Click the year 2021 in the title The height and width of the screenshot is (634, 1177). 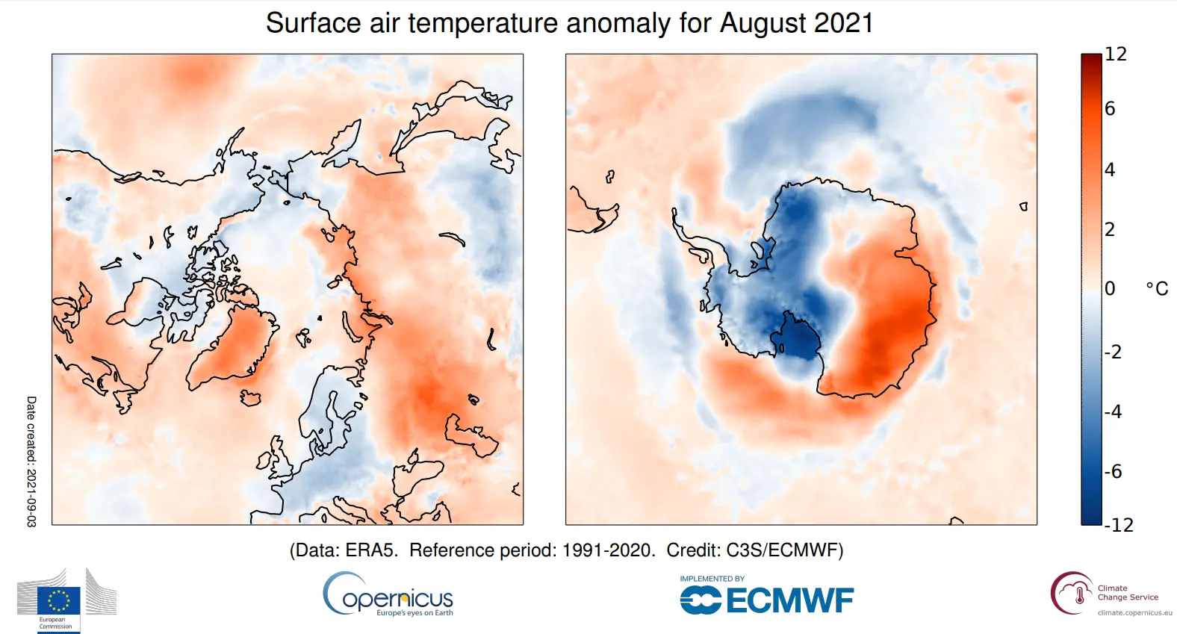[843, 23]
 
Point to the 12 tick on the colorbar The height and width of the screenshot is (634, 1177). [1116, 55]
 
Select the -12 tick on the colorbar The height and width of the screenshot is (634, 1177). [1119, 525]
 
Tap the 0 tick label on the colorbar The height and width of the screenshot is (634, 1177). [1110, 288]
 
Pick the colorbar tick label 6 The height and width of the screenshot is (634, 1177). [1110, 109]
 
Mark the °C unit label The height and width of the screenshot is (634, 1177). [1157, 289]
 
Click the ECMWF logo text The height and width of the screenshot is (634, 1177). [789, 600]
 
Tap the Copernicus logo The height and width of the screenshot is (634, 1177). [388, 595]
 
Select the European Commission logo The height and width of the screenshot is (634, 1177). [60, 600]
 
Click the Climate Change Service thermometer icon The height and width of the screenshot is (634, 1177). [1079, 595]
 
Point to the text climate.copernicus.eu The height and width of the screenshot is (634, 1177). [1134, 613]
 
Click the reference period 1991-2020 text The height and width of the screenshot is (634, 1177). [608, 550]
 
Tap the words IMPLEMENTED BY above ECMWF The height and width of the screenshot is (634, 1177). [712, 579]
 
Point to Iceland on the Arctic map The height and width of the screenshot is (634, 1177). [250, 398]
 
